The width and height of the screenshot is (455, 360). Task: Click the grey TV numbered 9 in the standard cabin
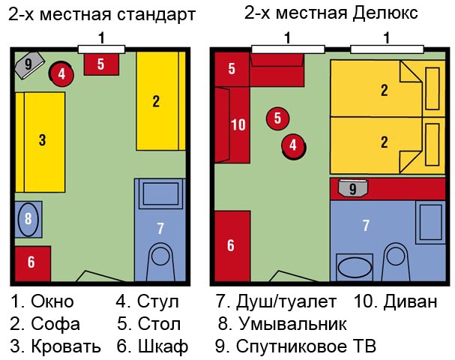[x=29, y=65]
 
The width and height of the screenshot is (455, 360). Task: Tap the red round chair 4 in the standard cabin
[x=61, y=74]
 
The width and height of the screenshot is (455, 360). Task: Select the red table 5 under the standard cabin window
[x=101, y=64]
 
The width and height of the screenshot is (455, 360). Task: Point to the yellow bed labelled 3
[x=40, y=142]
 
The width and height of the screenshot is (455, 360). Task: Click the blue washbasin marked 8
[x=28, y=219]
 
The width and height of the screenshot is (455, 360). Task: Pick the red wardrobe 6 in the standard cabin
[x=33, y=263]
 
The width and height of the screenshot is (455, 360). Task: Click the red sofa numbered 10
[x=232, y=124]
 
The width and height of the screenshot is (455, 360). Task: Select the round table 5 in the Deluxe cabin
[x=277, y=118]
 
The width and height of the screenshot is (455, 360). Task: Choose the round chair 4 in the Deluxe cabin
[x=294, y=146]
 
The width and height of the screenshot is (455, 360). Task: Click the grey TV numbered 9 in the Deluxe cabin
[x=353, y=188]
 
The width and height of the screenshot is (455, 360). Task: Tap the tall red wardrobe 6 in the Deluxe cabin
[x=232, y=246]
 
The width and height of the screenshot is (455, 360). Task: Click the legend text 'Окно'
[x=52, y=301]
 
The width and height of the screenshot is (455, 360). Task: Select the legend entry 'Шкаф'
[x=163, y=346]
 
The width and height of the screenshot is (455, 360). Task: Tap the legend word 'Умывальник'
[x=292, y=323]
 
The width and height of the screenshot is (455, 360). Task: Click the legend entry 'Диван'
[x=410, y=301]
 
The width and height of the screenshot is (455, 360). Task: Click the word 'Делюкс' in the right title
[x=385, y=13]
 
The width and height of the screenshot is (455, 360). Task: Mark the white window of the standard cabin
[x=101, y=49]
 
